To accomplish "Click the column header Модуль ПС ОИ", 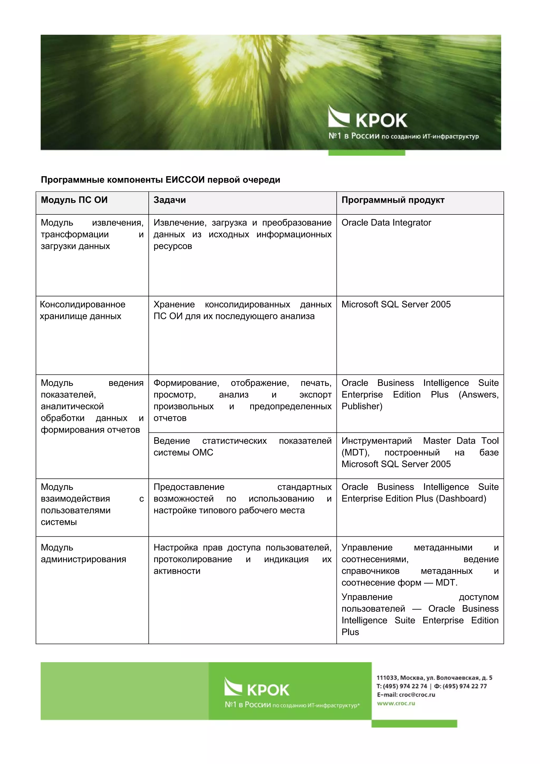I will [x=74, y=200].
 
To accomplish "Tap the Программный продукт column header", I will [x=393, y=200].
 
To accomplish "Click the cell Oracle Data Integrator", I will [x=386, y=223].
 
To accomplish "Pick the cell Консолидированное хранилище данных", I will [x=82, y=310].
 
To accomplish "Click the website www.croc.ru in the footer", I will [x=396, y=703].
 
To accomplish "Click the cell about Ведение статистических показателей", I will [x=242, y=446].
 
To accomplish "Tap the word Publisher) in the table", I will [x=362, y=406].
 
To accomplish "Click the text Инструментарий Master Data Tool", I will [x=420, y=441].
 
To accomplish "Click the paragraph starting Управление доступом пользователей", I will [x=420, y=614].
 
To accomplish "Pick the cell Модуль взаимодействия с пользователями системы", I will [x=92, y=504].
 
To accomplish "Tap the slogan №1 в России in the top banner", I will [x=403, y=136].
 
